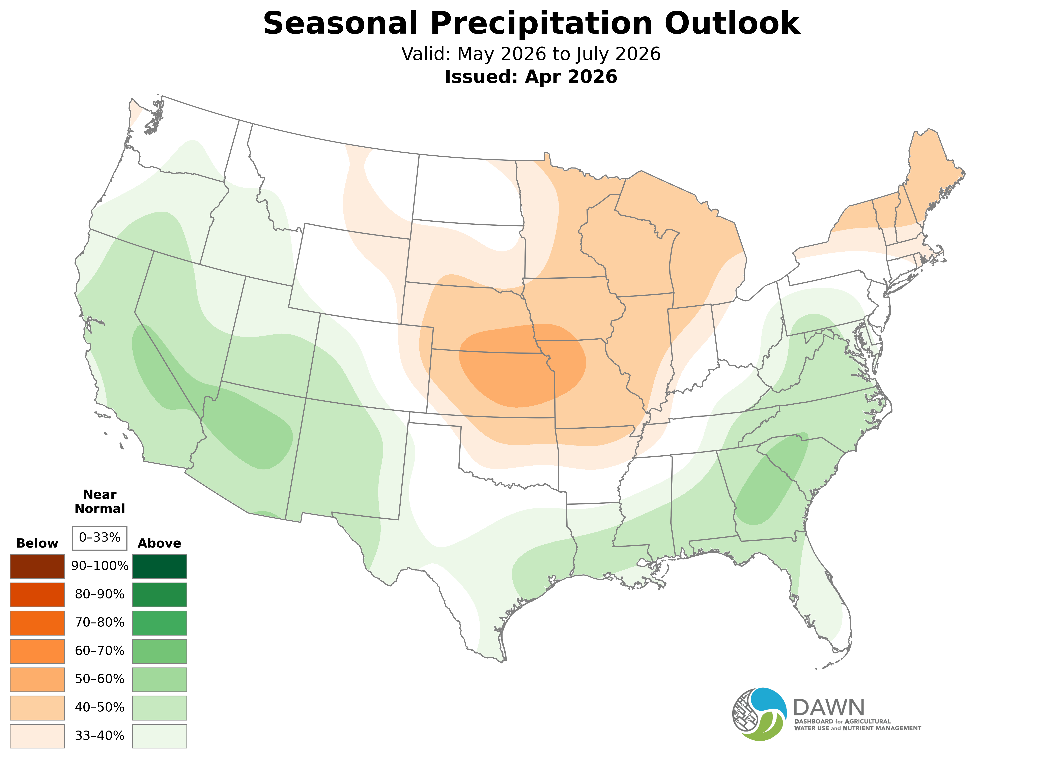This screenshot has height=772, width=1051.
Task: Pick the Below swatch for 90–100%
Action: click(37, 566)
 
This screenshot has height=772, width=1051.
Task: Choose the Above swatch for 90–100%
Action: click(160, 566)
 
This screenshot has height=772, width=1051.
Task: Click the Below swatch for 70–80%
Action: click(37, 623)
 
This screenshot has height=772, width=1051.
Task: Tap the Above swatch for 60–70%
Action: click(160, 651)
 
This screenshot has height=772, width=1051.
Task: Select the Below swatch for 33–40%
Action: click(37, 736)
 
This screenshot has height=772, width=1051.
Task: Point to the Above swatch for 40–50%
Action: click(160, 708)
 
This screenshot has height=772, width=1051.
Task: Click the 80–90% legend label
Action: click(100, 594)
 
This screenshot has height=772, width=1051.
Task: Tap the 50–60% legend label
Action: click(100, 679)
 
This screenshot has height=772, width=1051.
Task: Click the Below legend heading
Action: click(37, 544)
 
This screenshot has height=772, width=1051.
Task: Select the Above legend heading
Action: click(160, 544)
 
